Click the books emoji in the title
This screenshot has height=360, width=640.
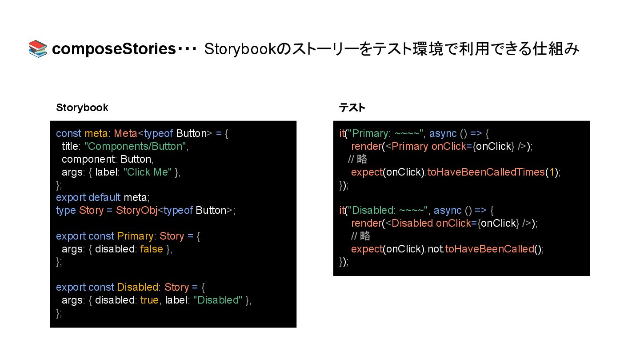click(38, 49)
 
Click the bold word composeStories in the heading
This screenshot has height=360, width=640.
click(114, 49)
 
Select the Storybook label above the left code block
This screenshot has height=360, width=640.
click(82, 108)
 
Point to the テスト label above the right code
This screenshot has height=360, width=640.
click(352, 108)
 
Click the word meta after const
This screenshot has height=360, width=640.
click(96, 133)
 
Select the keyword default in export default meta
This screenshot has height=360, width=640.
click(104, 197)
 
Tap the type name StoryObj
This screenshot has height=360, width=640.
click(137, 210)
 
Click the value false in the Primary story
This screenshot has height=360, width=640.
click(152, 249)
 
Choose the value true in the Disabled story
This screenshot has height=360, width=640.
click(149, 300)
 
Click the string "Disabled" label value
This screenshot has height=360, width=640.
click(218, 300)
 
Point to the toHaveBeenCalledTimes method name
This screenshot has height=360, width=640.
click(486, 172)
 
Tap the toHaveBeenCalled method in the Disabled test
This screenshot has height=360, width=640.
click(489, 249)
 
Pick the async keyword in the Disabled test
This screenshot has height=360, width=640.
click(448, 210)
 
